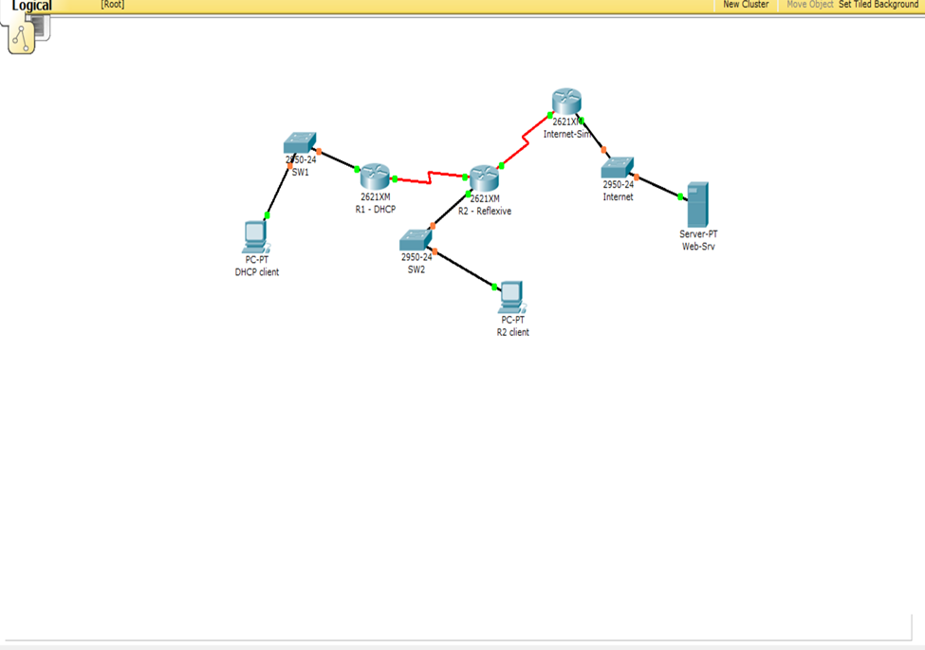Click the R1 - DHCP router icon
point(375,176)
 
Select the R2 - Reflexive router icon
point(484,177)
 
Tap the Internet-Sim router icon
point(566,102)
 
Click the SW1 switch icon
point(300,144)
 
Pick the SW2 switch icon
point(416,240)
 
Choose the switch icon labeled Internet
point(618,168)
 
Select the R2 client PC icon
point(512,297)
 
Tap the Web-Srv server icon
point(698,204)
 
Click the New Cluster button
point(746,5)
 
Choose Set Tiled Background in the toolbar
point(879,5)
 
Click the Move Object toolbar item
point(809,5)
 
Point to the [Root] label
point(112,5)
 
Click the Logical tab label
point(32,6)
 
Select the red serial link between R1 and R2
point(430,177)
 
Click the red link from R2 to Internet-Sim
point(525,141)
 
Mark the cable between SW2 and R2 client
point(464,269)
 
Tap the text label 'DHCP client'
point(257,272)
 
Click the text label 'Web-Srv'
point(697,247)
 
